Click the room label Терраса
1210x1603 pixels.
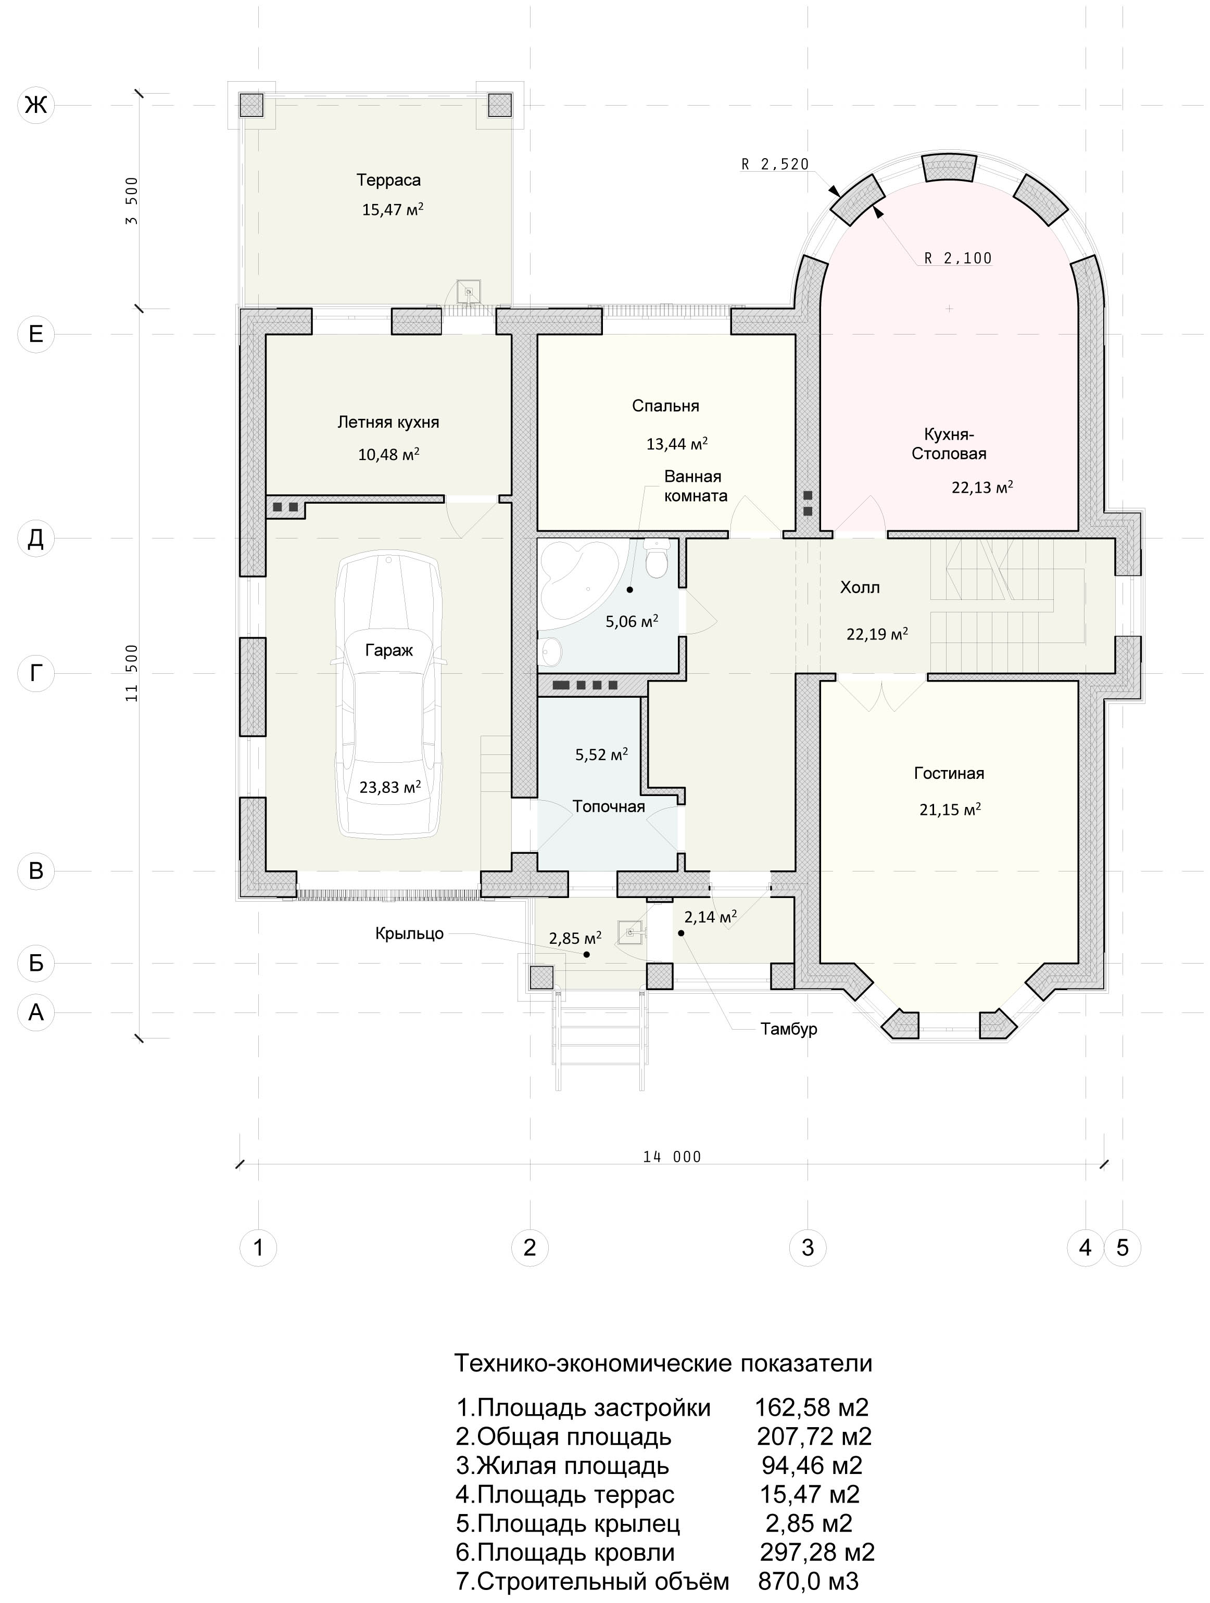click(x=388, y=179)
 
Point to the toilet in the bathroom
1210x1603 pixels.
click(x=657, y=559)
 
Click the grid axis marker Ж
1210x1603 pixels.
click(x=35, y=105)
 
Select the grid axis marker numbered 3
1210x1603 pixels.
click(x=808, y=1247)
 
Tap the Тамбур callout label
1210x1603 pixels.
click(x=789, y=1029)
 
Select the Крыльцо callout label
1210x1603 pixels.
click(x=409, y=933)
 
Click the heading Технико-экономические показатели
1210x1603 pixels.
click(x=663, y=1363)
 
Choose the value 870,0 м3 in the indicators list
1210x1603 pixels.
click(x=809, y=1581)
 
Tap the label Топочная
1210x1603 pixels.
click(x=608, y=806)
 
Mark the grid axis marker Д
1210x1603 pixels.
click(x=35, y=538)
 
